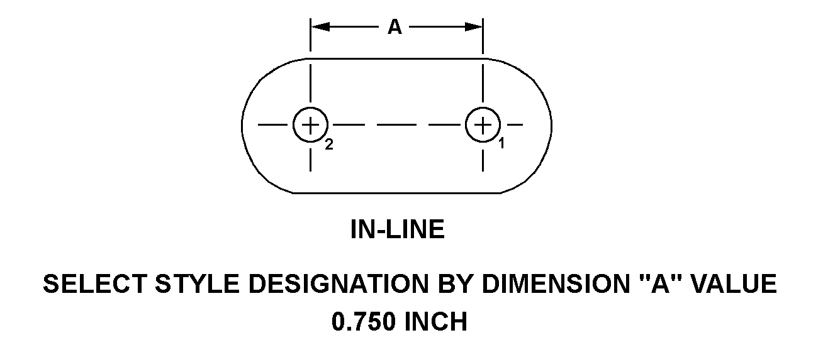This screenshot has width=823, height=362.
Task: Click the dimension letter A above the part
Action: pyautogui.click(x=395, y=27)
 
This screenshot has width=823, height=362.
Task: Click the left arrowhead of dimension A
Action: pyautogui.click(x=320, y=27)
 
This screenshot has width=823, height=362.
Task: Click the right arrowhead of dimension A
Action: pyautogui.click(x=474, y=27)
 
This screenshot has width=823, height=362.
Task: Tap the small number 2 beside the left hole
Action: pyautogui.click(x=329, y=145)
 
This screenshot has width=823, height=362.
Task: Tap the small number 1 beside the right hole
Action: pyautogui.click(x=502, y=143)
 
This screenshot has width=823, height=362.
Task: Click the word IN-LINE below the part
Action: pyautogui.click(x=398, y=229)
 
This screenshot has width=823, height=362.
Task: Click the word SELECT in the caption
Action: pyautogui.click(x=95, y=284)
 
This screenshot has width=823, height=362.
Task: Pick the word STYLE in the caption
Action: pyautogui.click(x=198, y=284)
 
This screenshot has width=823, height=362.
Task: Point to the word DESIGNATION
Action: pyautogui.click(x=339, y=284)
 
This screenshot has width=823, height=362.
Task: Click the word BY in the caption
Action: pyautogui.click(x=455, y=284)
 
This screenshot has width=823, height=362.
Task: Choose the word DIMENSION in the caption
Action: pyautogui.click(x=555, y=284)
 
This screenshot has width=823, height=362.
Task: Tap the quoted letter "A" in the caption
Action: pyautogui.click(x=659, y=283)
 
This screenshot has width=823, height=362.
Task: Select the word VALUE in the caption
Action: pyautogui.click(x=734, y=284)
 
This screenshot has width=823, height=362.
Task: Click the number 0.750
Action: pyautogui.click(x=364, y=322)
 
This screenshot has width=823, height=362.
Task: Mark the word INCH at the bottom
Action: pyautogui.click(x=436, y=322)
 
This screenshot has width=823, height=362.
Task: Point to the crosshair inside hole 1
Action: pyautogui.click(x=483, y=125)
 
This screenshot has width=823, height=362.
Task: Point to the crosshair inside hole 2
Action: pyautogui.click(x=310, y=125)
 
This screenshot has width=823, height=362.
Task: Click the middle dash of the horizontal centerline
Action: pyautogui.click(x=397, y=125)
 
